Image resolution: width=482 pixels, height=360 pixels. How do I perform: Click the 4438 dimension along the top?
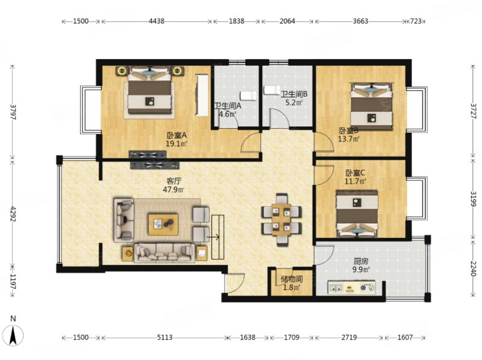coord(157,21)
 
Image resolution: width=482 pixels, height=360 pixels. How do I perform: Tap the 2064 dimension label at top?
coord(287,21)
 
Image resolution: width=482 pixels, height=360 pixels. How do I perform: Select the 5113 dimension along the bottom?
coord(164,338)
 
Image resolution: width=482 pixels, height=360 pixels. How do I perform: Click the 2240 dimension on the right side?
coord(474,268)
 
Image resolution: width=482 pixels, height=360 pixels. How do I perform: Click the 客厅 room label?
coord(174,181)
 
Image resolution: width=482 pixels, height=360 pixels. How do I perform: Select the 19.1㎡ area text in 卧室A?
coord(177,143)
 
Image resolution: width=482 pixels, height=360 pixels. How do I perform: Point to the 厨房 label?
coord(361,261)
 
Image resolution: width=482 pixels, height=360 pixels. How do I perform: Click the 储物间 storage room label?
coord(292,279)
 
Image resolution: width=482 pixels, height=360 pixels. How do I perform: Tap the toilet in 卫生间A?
coord(248,96)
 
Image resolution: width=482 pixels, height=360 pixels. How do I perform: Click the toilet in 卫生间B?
coord(272,90)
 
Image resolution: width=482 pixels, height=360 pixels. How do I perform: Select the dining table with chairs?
coord(281,220)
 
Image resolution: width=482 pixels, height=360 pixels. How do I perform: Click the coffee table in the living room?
coord(163,225)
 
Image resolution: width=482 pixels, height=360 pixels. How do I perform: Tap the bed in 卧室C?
coord(357,214)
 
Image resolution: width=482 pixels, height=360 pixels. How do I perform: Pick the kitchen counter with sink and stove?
coord(352,288)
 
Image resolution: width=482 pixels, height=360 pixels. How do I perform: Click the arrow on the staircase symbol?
coord(213,237)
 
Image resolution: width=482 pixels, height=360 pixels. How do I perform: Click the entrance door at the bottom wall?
coord(234,282)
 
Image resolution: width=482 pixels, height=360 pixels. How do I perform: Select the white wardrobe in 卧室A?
coord(202,95)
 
